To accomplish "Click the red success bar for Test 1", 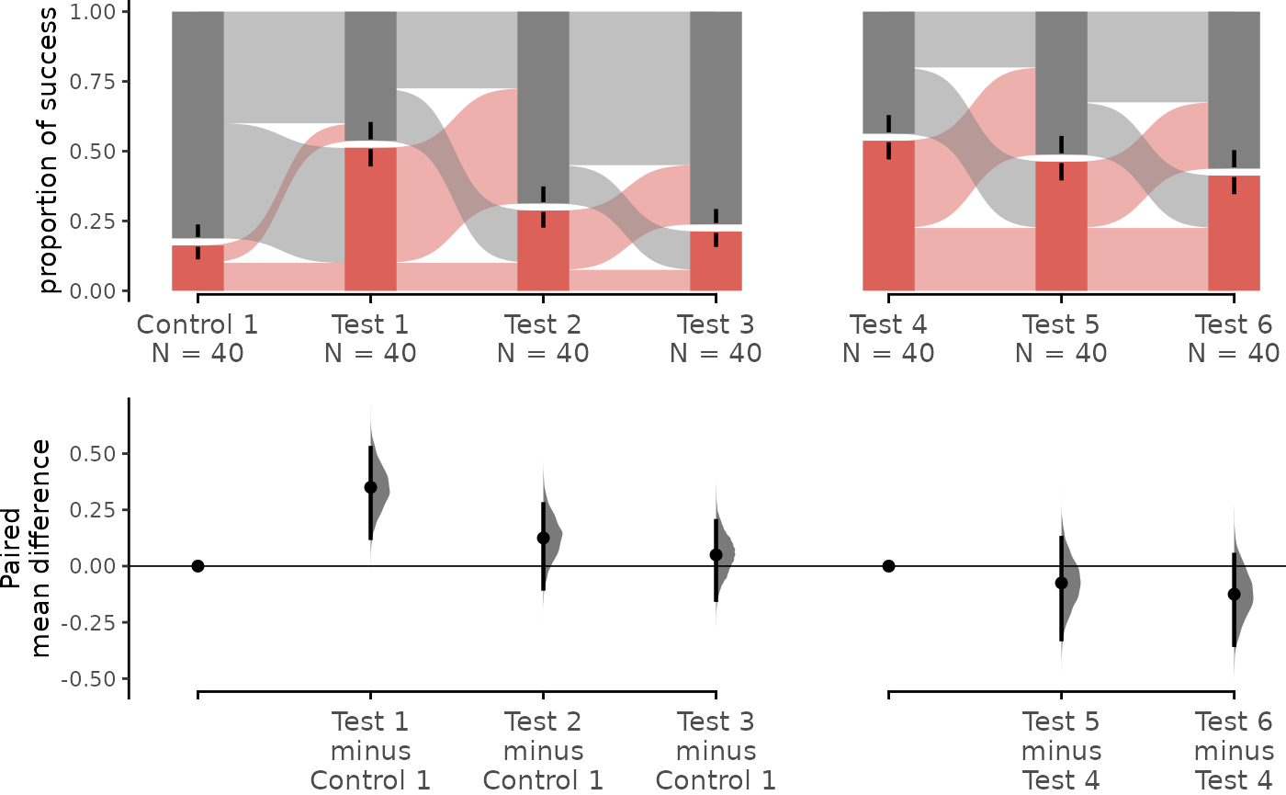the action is click(x=370, y=219).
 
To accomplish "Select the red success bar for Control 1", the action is click(x=197, y=267).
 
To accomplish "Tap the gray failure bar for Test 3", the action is click(x=716, y=118).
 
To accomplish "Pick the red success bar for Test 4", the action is click(x=889, y=215).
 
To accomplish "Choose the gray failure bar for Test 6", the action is click(x=1235, y=90).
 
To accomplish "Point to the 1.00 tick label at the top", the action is click(x=92, y=12).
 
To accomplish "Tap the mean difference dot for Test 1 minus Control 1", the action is click(x=371, y=487).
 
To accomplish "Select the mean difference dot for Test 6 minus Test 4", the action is click(x=1235, y=594).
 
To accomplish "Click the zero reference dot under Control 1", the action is click(x=197, y=566).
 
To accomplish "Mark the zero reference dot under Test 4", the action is click(x=889, y=566).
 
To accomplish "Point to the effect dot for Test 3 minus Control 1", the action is click(x=716, y=554).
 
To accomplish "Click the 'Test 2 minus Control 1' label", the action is click(x=543, y=751).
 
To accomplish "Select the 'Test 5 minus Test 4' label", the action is click(x=1061, y=751).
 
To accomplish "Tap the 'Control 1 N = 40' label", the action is click(x=197, y=339).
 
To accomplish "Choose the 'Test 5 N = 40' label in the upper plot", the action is click(x=1061, y=339).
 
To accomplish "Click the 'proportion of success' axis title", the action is click(x=48, y=151).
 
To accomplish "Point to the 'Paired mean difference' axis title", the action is click(x=26, y=549).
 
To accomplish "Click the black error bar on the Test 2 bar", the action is click(x=543, y=207).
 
